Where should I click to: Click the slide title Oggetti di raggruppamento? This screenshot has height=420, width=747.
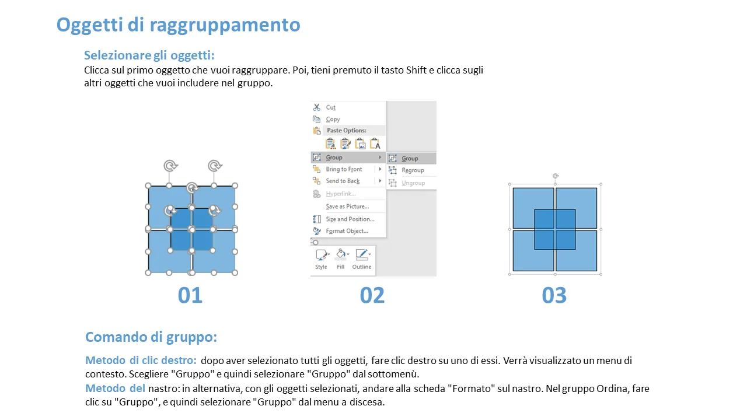179,25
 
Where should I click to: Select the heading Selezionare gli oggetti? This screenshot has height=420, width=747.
149,55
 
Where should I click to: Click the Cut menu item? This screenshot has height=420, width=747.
330,107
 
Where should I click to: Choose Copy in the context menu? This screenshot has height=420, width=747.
333,120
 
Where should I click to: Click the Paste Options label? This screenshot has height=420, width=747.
346,130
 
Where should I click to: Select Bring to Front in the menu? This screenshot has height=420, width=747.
344,169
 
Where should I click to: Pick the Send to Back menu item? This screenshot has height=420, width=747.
343,181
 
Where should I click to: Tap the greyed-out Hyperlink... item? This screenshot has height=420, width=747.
340,194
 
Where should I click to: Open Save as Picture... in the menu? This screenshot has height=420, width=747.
347,206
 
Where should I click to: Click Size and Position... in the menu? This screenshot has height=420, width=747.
350,219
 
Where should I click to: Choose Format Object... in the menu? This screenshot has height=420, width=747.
347,231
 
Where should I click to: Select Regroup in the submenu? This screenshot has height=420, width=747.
413,170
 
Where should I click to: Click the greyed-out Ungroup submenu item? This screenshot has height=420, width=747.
413,183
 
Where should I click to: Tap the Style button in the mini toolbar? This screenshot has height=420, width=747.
321,260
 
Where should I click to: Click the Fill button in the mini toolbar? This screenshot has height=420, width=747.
341,260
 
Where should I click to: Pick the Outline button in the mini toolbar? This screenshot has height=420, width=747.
362,260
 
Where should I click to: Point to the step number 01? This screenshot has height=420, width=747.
190,295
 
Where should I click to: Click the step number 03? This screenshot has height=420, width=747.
554,295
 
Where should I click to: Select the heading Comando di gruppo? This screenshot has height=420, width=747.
151,337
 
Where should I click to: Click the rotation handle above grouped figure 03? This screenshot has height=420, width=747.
555,176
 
